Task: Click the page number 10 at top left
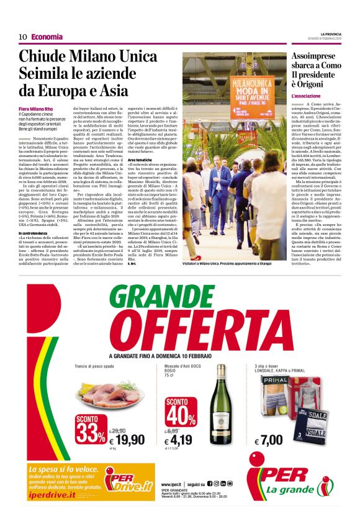tap(22, 37)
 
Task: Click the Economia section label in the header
tap(47, 37)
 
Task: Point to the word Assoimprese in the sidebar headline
tap(320, 56)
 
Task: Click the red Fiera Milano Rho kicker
tap(36, 109)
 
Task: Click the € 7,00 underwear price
tap(271, 441)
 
